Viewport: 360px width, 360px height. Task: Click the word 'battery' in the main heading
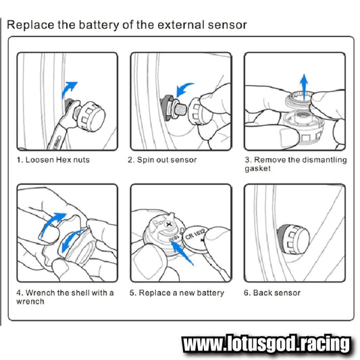click(x=99, y=25)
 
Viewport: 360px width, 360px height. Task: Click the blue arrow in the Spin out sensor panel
click(x=184, y=90)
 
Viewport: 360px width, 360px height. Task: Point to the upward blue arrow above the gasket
click(x=304, y=86)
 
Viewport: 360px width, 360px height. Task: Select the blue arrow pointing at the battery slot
click(x=182, y=253)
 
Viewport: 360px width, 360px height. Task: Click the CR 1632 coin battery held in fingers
click(x=196, y=239)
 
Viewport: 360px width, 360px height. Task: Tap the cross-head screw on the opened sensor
click(x=169, y=224)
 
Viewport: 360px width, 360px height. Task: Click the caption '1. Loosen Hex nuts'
click(x=53, y=160)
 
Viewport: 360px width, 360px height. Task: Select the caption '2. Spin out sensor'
click(x=162, y=160)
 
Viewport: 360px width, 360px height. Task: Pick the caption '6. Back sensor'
click(x=272, y=293)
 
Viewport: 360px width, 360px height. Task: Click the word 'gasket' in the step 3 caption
click(x=257, y=169)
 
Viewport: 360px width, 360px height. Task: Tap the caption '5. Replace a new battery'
click(x=177, y=293)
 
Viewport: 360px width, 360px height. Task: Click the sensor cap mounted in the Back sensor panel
click(x=293, y=239)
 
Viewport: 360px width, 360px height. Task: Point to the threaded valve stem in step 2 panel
click(x=181, y=109)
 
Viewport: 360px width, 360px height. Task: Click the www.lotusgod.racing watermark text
click(x=267, y=344)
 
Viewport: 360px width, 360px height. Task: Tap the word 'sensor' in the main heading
click(x=228, y=25)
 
